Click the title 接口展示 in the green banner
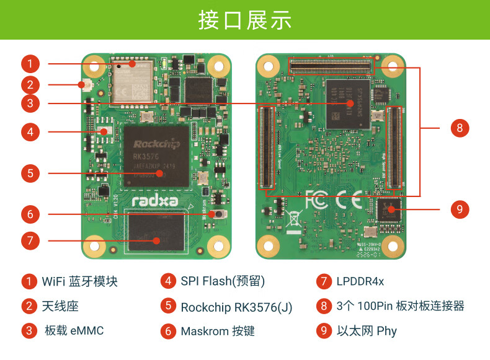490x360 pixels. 245,20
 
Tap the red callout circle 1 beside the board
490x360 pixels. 30,63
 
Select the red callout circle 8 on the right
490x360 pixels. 459,128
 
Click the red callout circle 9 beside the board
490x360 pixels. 459,209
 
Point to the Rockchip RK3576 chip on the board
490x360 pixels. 157,155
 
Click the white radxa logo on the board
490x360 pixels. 155,200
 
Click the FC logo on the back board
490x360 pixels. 316,200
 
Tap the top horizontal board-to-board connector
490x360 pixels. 331,66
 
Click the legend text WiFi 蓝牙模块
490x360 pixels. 79,281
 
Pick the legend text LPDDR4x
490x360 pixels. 360,281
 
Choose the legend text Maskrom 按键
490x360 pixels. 218,331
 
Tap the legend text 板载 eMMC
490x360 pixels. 74,330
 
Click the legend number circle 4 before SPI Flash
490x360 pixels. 168,281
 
